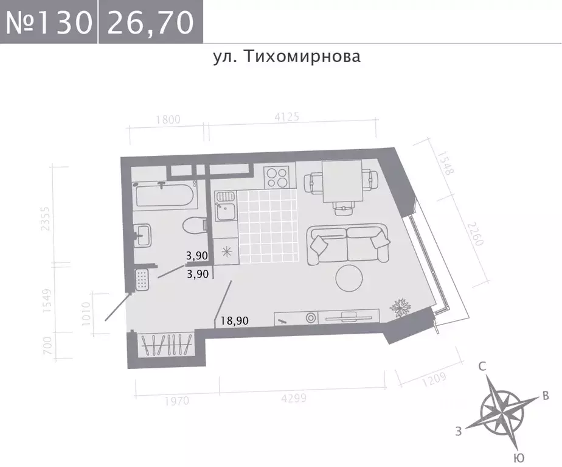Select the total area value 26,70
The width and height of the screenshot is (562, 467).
[x=150, y=23]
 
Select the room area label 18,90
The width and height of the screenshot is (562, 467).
[x=234, y=321]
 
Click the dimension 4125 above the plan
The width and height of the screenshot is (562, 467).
[x=286, y=118]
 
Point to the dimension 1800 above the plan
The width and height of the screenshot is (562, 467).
[x=168, y=119]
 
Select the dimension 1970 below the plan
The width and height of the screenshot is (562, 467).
[x=176, y=401]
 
